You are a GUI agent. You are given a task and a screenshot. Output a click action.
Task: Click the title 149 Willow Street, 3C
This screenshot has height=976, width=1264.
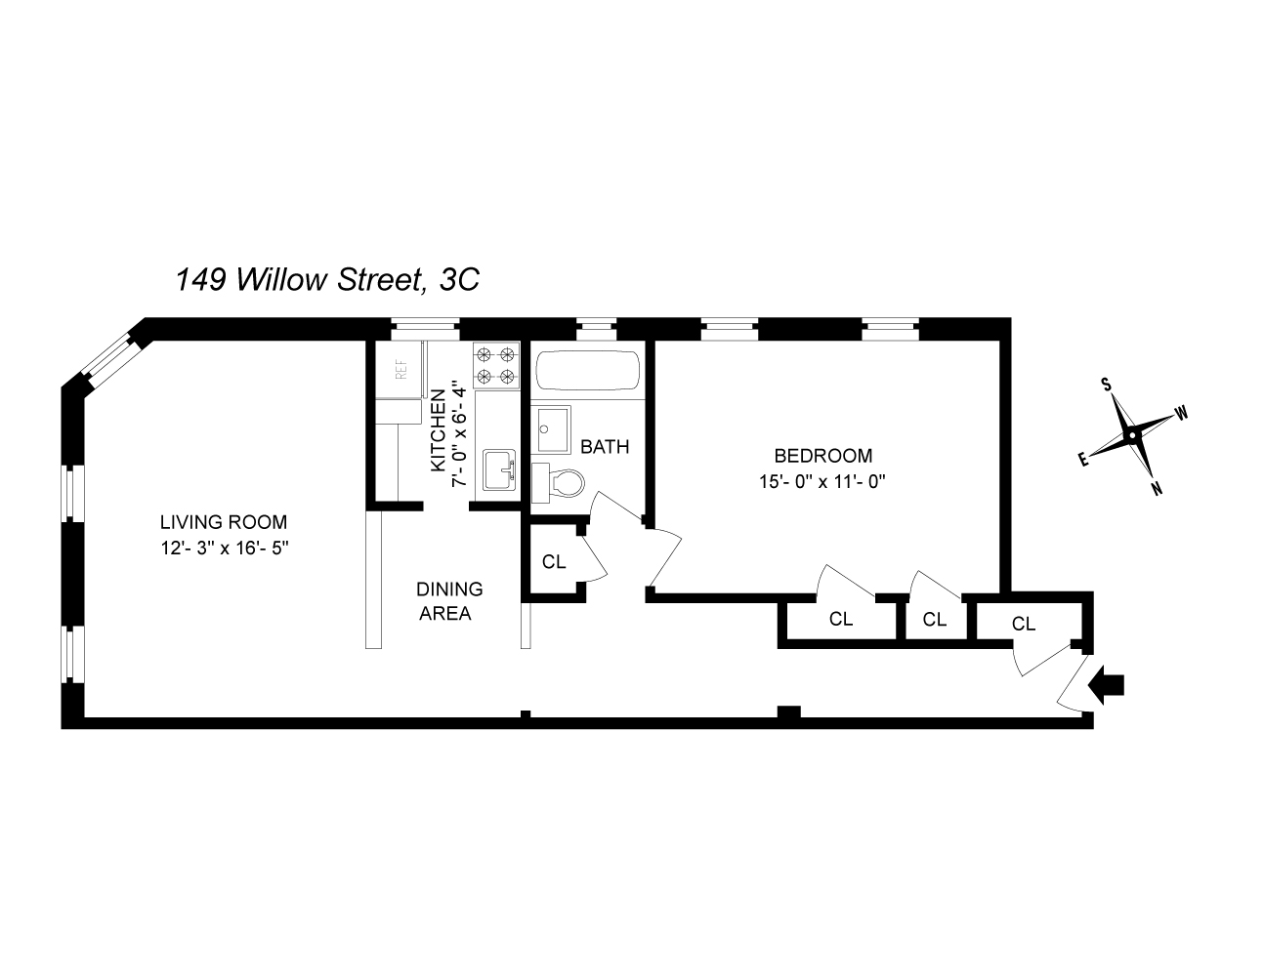click(327, 280)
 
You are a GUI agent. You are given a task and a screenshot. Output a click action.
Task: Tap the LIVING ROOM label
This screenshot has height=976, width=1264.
click(224, 522)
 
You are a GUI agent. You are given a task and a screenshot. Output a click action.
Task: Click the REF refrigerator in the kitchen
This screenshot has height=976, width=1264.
click(400, 370)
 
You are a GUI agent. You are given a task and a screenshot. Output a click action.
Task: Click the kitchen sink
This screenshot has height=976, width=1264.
click(499, 470)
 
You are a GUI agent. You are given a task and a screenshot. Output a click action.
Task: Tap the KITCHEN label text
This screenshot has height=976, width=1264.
click(439, 429)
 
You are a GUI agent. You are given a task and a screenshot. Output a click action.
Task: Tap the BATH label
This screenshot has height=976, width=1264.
click(605, 447)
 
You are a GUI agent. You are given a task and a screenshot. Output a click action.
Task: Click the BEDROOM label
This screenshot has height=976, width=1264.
click(822, 456)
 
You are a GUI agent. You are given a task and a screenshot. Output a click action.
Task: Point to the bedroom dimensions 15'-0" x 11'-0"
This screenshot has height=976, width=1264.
click(822, 481)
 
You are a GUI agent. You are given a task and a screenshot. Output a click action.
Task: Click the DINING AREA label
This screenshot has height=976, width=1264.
click(448, 601)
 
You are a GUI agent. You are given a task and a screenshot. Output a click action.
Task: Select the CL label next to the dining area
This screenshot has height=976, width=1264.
click(554, 562)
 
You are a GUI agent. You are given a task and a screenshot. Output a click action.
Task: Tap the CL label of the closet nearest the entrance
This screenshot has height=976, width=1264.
click(1023, 624)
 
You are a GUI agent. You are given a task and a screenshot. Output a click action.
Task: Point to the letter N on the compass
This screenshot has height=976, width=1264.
click(1157, 489)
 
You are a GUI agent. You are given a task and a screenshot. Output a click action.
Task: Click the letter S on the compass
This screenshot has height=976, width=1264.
click(1108, 384)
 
